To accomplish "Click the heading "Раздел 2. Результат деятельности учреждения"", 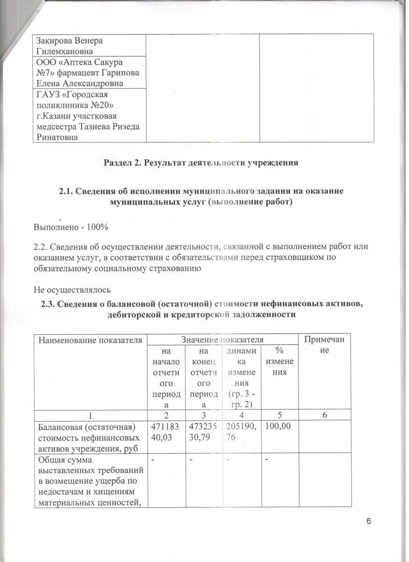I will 204,163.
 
